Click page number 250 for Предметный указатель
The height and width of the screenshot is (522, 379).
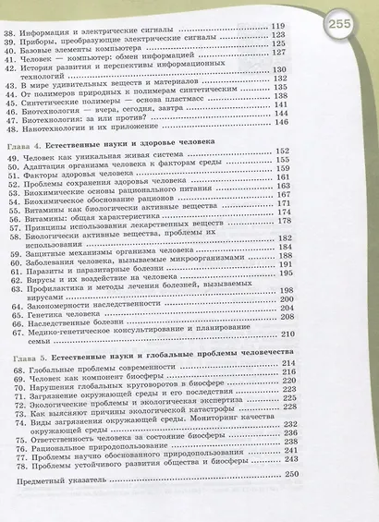(x=293, y=474)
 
